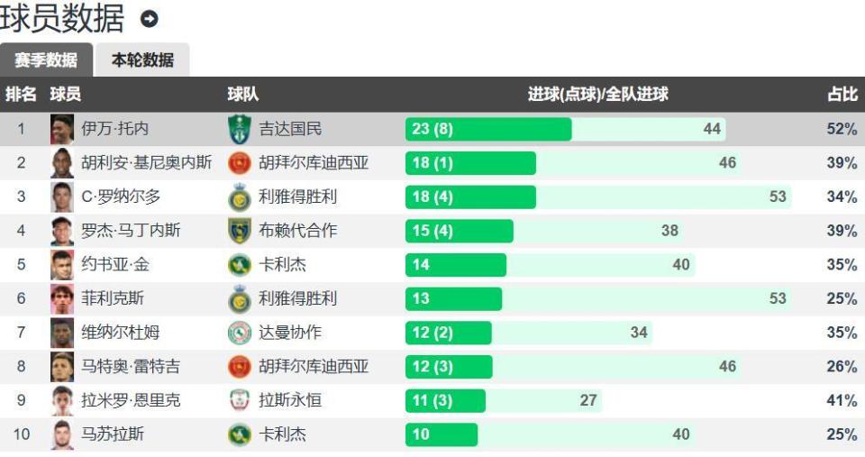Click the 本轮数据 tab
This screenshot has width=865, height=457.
click(142, 60)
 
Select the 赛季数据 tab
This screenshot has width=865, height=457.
click(46, 60)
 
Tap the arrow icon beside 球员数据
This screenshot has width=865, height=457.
click(149, 18)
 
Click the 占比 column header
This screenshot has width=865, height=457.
click(842, 95)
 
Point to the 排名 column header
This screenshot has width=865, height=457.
click(22, 95)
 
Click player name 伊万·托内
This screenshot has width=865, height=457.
click(115, 129)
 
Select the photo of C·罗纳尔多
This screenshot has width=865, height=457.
click(62, 197)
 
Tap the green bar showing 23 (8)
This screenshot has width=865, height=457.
click(487, 129)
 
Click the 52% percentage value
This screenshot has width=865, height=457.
click(842, 129)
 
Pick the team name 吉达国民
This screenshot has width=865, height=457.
click(290, 129)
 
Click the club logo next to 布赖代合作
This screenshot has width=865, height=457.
click(239, 231)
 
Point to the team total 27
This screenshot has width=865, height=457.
click(588, 400)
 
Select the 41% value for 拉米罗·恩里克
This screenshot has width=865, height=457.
click(842, 400)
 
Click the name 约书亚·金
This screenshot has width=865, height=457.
click(116, 264)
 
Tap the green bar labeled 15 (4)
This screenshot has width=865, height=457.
click(459, 231)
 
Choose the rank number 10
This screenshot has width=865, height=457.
click(22, 434)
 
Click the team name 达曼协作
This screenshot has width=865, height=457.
click(290, 333)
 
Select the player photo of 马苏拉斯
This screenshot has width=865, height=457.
click(62, 434)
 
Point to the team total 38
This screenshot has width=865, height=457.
click(669, 231)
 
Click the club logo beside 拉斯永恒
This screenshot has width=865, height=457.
click(239, 400)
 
